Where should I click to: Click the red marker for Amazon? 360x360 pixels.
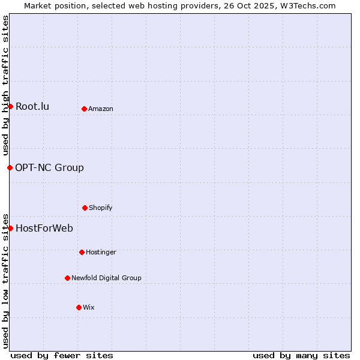tap(84, 109)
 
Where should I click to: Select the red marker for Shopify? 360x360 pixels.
tap(85, 208)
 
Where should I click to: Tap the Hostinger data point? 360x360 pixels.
tap(82, 252)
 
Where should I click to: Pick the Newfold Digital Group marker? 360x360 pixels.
tap(67, 278)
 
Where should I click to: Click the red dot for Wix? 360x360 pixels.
tap(79, 307)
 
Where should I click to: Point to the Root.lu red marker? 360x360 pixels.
tap(10, 106)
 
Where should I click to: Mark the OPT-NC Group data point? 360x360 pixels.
tap(10, 167)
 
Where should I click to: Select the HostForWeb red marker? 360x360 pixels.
tap(10, 228)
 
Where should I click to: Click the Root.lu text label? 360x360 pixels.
tap(32, 107)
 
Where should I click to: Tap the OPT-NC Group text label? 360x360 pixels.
tap(50, 168)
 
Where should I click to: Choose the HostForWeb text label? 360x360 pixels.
tap(44, 229)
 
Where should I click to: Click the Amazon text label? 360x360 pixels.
tap(101, 109)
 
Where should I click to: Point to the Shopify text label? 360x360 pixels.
tap(101, 208)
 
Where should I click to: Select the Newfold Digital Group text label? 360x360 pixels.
tap(107, 278)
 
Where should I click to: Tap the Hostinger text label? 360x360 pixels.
tap(101, 253)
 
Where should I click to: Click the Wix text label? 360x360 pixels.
tap(89, 308)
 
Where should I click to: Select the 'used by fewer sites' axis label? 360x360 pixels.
tap(62, 355)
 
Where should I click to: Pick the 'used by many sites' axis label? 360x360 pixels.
tap(301, 355)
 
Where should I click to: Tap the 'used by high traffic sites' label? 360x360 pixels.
tap(5, 85)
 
